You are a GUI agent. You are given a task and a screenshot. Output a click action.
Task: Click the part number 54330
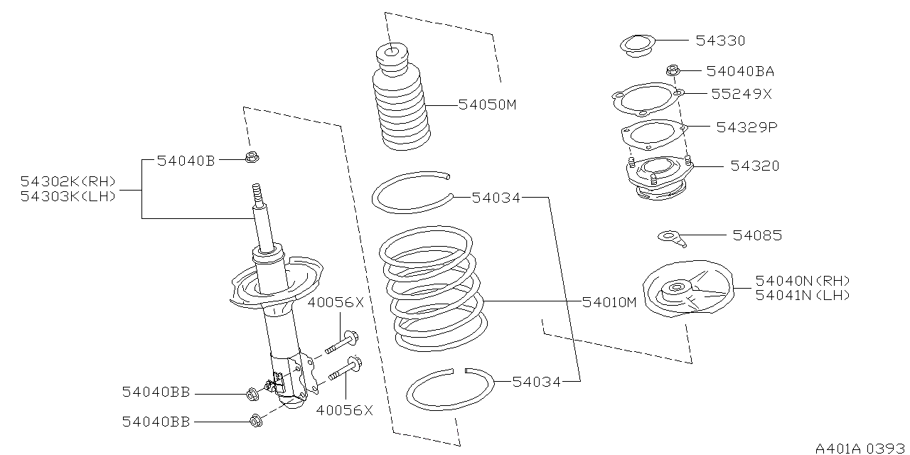pyautogui.click(x=720, y=41)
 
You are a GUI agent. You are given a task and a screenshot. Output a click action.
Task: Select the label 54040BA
pyautogui.click(x=740, y=71)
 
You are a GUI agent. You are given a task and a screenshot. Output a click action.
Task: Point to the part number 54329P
pyautogui.click(x=746, y=127)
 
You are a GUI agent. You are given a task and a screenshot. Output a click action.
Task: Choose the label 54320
pyautogui.click(x=755, y=166)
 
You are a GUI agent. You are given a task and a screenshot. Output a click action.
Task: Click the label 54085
pyautogui.click(x=757, y=235)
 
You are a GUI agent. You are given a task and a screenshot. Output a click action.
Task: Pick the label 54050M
pyautogui.click(x=486, y=105)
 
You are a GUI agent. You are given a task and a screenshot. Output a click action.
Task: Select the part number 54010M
pyautogui.click(x=609, y=301)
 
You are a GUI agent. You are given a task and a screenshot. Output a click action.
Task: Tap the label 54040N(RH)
pyautogui.click(x=802, y=281)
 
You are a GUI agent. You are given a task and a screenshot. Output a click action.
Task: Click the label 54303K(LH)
pyautogui.click(x=68, y=197)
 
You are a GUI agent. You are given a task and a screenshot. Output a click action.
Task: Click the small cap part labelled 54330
pyautogui.click(x=635, y=45)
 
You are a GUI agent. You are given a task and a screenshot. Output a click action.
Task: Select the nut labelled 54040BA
pyautogui.click(x=673, y=70)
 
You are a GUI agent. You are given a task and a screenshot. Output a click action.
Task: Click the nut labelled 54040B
pyautogui.click(x=250, y=158)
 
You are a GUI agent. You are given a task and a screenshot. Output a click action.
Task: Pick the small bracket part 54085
pyautogui.click(x=672, y=237)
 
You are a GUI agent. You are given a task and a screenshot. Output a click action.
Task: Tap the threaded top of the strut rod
pyautogui.click(x=258, y=195)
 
